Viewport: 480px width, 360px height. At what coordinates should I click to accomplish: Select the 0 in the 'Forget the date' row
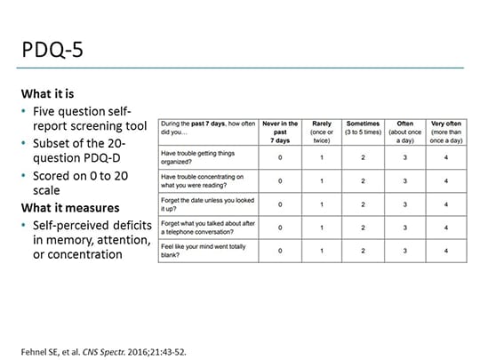click(x=280, y=205)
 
